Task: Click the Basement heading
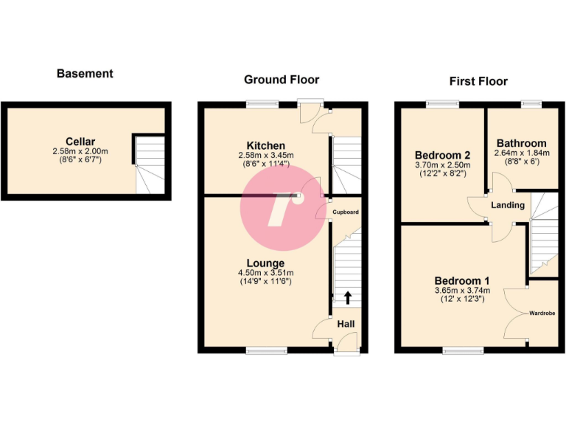85,73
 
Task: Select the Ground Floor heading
282,80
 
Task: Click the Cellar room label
80,142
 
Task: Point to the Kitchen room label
266,145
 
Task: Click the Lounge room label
265,263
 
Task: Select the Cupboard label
345,212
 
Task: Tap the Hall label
346,324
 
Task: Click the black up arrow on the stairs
346,297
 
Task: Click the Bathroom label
521,143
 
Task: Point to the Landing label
509,204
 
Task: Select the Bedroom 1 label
462,281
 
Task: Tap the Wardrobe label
542,314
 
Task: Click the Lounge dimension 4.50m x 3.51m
265,272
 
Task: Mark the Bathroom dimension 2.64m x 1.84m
521,153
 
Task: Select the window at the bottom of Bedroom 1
463,350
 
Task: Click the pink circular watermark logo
282,207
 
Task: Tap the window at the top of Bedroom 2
442,103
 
